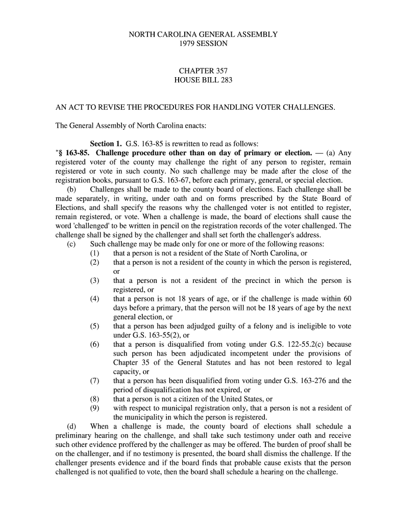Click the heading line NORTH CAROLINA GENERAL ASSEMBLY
(x=203, y=35)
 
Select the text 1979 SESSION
(x=203, y=44)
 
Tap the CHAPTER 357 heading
(x=203, y=71)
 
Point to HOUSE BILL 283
(x=203, y=80)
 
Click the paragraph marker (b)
(x=71, y=189)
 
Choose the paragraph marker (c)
(x=71, y=244)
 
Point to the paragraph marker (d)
(x=71, y=426)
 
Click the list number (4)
(x=95, y=299)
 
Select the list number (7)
(x=95, y=381)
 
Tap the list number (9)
(x=95, y=408)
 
